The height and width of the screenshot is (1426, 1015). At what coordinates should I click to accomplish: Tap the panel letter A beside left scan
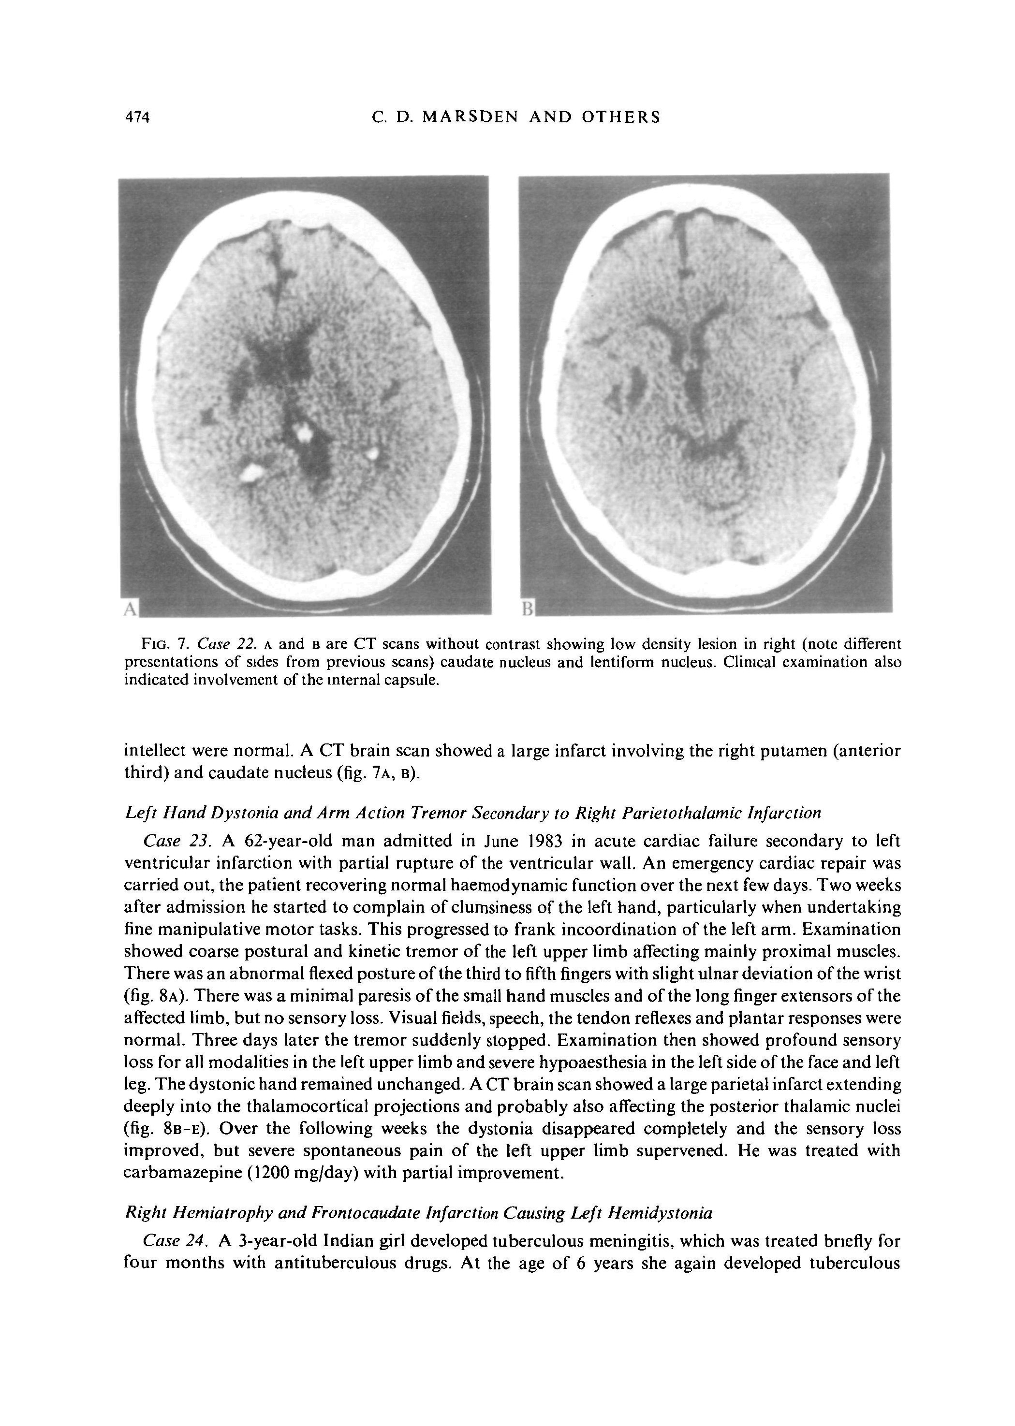coord(130,609)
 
